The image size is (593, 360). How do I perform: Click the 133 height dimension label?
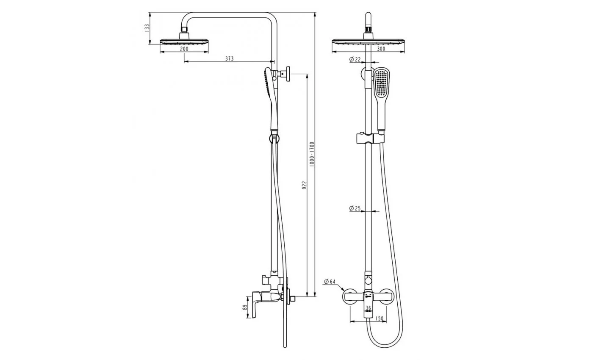point(147,28)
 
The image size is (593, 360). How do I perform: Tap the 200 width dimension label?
point(184,49)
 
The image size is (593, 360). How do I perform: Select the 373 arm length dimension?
point(229,58)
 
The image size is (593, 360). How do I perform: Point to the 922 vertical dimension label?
point(304,185)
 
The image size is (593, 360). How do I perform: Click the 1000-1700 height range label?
point(312,154)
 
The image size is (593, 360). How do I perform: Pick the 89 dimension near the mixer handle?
point(245,307)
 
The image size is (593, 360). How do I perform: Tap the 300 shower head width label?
point(381,49)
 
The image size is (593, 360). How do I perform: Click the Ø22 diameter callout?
point(355,59)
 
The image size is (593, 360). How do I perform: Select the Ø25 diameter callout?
point(355,208)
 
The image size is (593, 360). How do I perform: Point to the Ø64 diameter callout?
point(330,281)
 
